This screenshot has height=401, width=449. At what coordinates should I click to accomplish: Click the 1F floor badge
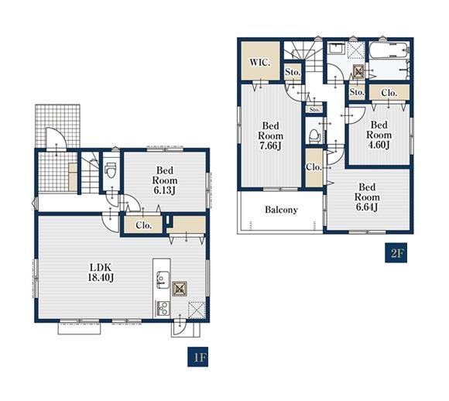click(197, 357)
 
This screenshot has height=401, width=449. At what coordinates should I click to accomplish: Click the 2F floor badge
click(396, 252)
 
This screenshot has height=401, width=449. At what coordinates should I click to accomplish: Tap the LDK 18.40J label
click(101, 272)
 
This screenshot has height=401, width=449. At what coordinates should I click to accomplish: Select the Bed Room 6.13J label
click(165, 180)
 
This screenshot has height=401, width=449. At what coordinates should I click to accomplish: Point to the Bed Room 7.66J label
click(271, 135)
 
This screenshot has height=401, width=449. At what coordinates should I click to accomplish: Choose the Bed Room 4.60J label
click(379, 135)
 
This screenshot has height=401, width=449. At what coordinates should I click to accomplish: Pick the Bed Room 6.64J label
click(367, 197)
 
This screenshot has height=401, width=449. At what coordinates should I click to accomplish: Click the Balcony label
click(281, 210)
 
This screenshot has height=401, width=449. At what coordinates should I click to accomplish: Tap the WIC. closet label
click(259, 62)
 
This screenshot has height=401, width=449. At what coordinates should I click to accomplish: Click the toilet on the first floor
click(111, 170)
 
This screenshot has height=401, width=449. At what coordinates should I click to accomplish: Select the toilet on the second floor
click(314, 135)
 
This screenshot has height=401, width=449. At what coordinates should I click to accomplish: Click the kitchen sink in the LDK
click(162, 279)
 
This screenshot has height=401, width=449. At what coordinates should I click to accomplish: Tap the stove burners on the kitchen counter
click(162, 308)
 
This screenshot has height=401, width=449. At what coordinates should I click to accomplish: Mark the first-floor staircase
click(90, 173)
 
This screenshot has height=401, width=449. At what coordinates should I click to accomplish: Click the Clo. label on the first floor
click(144, 225)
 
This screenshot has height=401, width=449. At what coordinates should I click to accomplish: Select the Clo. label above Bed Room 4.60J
click(389, 93)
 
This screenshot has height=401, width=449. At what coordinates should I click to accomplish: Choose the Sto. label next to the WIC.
click(293, 72)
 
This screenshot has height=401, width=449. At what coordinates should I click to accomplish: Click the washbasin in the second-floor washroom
click(337, 48)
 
